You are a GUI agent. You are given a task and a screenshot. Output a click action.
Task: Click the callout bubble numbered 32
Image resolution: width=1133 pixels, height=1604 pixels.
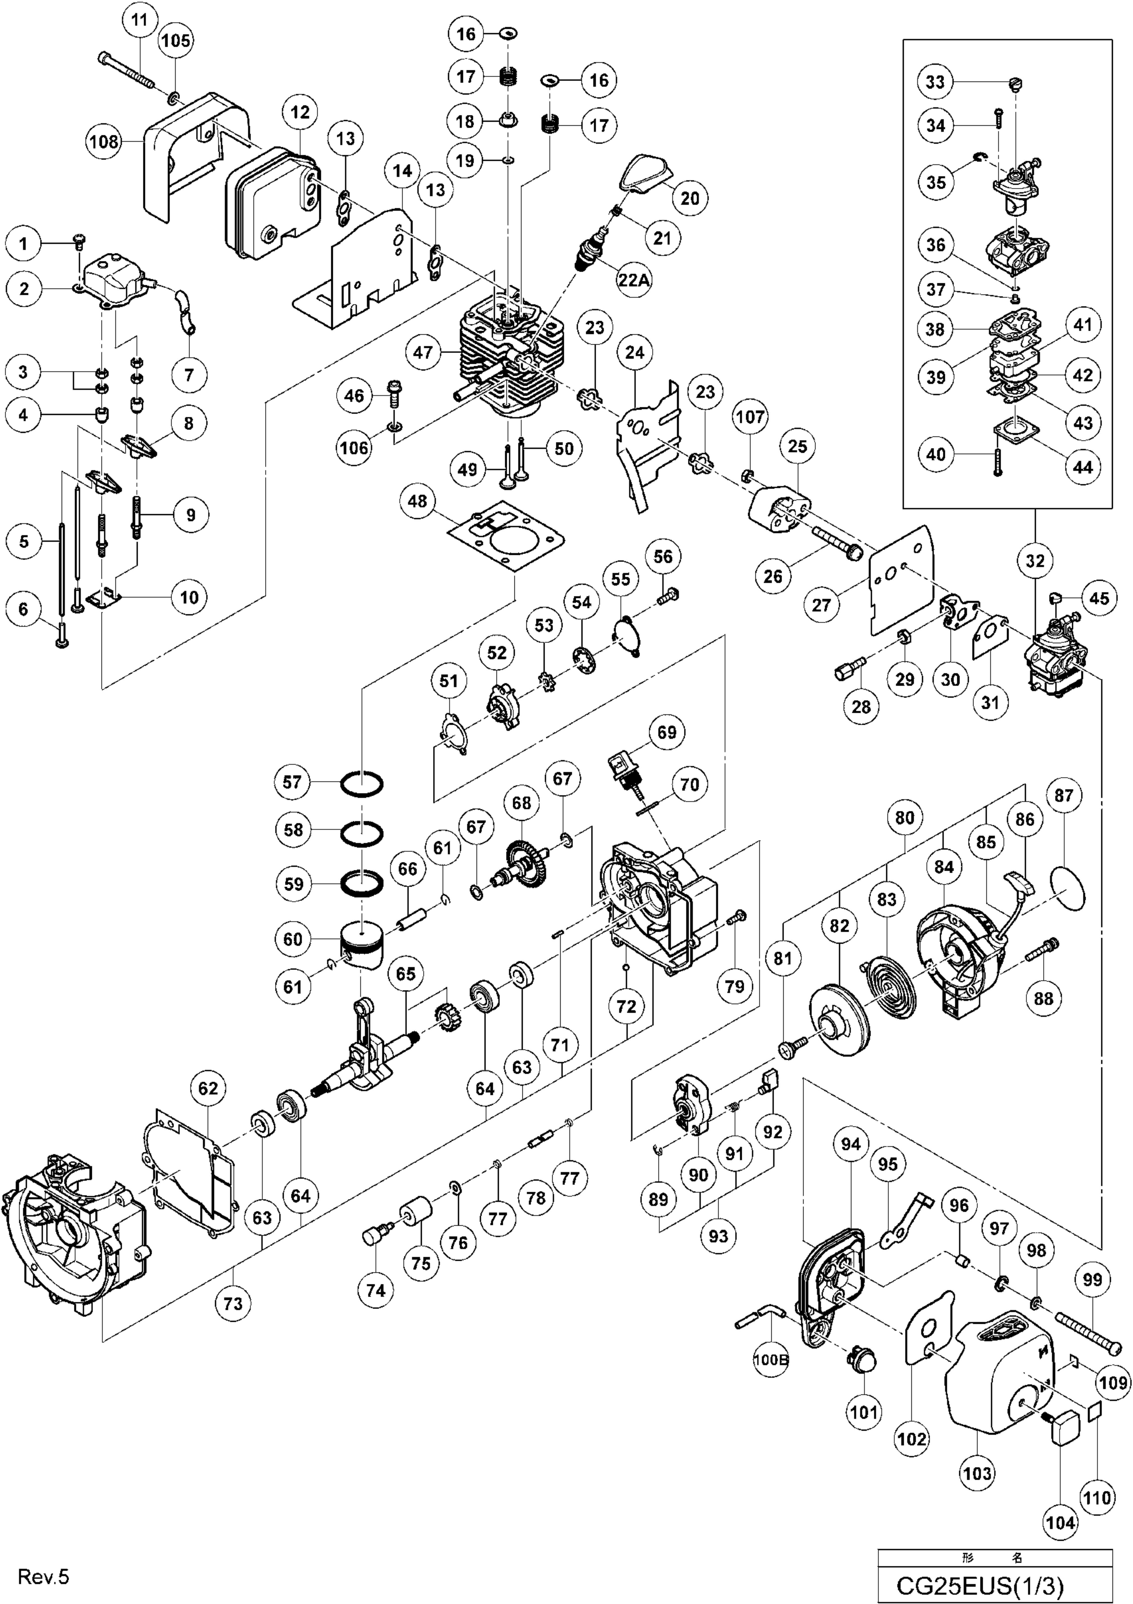pyautogui.click(x=1034, y=561)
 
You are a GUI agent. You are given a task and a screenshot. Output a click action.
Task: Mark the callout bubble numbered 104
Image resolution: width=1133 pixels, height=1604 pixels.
pyautogui.click(x=1061, y=1517)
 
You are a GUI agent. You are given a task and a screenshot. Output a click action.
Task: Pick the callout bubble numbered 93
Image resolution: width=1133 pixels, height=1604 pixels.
pyautogui.click(x=718, y=1236)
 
